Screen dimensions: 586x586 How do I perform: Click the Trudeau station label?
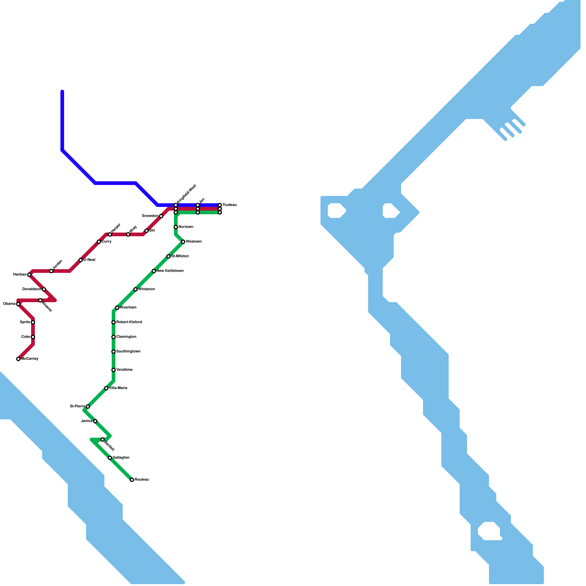pyautogui.click(x=229, y=205)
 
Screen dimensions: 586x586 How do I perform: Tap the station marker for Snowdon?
pyautogui.click(x=161, y=216)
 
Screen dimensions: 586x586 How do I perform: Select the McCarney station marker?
pyautogui.click(x=18, y=359)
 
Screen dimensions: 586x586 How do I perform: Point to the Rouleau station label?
pyautogui.click(x=142, y=480)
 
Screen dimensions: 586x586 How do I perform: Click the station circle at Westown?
pyautogui.click(x=183, y=242)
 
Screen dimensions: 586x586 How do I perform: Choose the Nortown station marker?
pyautogui.click(x=176, y=227)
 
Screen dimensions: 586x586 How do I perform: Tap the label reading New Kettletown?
pyautogui.click(x=170, y=271)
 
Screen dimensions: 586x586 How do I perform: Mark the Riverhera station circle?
pyautogui.click(x=117, y=308)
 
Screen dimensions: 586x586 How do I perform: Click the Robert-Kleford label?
pyautogui.click(x=129, y=322)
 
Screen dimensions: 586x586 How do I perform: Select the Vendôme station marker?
pyautogui.click(x=114, y=370)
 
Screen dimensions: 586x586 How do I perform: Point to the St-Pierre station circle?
pyautogui.click(x=88, y=407)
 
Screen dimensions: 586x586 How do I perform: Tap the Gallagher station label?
pyautogui.click(x=121, y=458)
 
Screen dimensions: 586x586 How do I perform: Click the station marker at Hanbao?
pyautogui.click(x=29, y=275)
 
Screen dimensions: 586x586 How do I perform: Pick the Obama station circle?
pyautogui.click(x=18, y=304)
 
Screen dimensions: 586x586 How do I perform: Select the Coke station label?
pyautogui.click(x=26, y=337)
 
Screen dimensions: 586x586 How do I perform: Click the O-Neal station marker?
pyautogui.click(x=81, y=260)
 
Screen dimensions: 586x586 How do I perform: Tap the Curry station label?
pyautogui.click(x=107, y=242)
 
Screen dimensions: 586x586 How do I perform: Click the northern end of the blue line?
pyautogui.click(x=62, y=92)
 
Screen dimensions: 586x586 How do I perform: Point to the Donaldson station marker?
pyautogui.click(x=44, y=289)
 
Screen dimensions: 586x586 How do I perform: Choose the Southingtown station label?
pyautogui.click(x=128, y=352)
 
